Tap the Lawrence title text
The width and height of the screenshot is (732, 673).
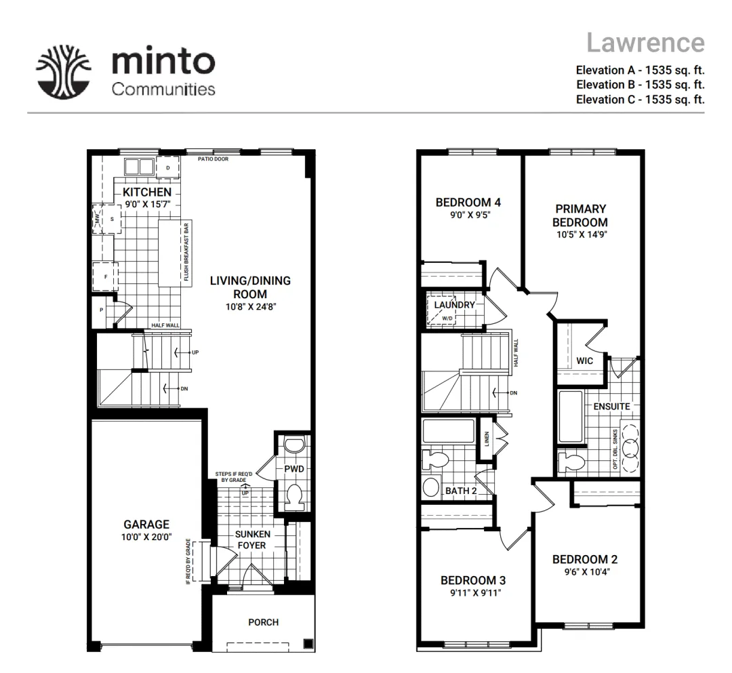tap(645, 43)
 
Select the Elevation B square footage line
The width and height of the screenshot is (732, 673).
tap(640, 85)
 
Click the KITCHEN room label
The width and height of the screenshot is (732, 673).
tap(147, 192)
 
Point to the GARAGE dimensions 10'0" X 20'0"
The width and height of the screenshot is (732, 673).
tap(146, 537)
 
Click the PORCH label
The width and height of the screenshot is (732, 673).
tap(263, 622)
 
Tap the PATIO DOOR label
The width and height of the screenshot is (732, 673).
tap(213, 159)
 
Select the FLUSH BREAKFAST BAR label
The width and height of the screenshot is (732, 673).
tap(186, 252)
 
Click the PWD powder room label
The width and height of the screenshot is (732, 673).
tap(294, 468)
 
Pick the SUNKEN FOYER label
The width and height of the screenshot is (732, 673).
tap(252, 539)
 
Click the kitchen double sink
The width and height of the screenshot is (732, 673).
tap(139, 166)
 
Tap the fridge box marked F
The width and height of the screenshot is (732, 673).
tap(106, 277)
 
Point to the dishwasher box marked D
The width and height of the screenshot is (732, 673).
tap(168, 167)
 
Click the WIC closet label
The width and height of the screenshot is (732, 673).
tap(584, 361)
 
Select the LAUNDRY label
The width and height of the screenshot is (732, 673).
tap(454, 305)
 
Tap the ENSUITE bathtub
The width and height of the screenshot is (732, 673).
tap(571, 417)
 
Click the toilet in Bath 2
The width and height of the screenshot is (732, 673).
tap(436, 461)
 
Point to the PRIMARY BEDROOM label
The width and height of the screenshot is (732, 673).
tap(580, 215)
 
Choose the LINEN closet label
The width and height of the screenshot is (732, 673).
tap(487, 439)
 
